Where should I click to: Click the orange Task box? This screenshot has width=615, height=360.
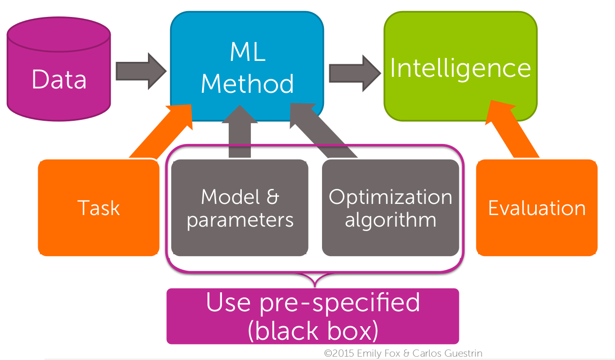pos(99,208)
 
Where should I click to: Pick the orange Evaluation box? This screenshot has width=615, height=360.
pos(537,208)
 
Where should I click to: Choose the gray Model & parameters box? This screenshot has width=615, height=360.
pos(240,208)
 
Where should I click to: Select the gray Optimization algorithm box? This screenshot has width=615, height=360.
pos(390,208)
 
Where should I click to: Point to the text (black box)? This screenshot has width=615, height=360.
pos(312,330)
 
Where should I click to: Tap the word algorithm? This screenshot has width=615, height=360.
pos(390,220)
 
